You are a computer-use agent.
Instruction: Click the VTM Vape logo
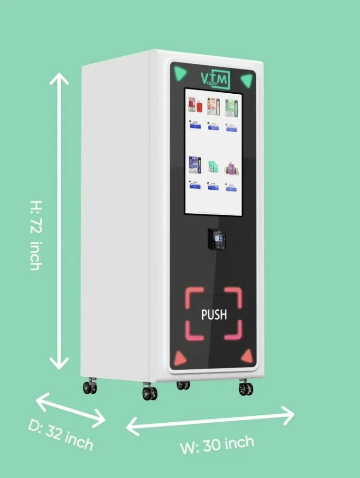click(215, 80)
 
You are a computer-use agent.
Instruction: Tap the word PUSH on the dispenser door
click(214, 314)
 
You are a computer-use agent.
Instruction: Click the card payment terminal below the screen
click(216, 239)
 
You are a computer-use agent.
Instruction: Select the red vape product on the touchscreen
click(195, 105)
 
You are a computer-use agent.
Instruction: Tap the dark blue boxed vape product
click(194, 165)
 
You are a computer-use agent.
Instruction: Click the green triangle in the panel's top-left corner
click(180, 73)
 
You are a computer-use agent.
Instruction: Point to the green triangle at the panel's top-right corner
click(247, 80)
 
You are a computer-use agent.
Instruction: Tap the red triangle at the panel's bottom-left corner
click(180, 358)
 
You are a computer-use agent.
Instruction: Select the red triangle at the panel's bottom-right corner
click(247, 357)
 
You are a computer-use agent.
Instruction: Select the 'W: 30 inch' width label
click(217, 444)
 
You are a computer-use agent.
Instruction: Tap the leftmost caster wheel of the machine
click(90, 387)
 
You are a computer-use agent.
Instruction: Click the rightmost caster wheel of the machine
click(245, 388)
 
